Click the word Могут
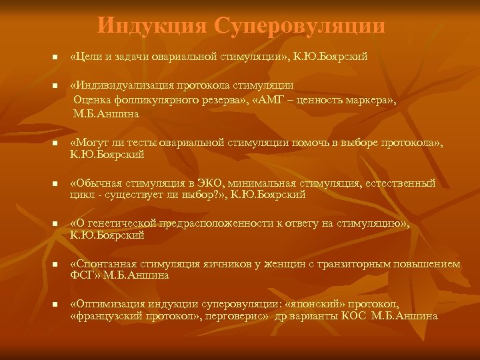pyautogui.click(x=93, y=143)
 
